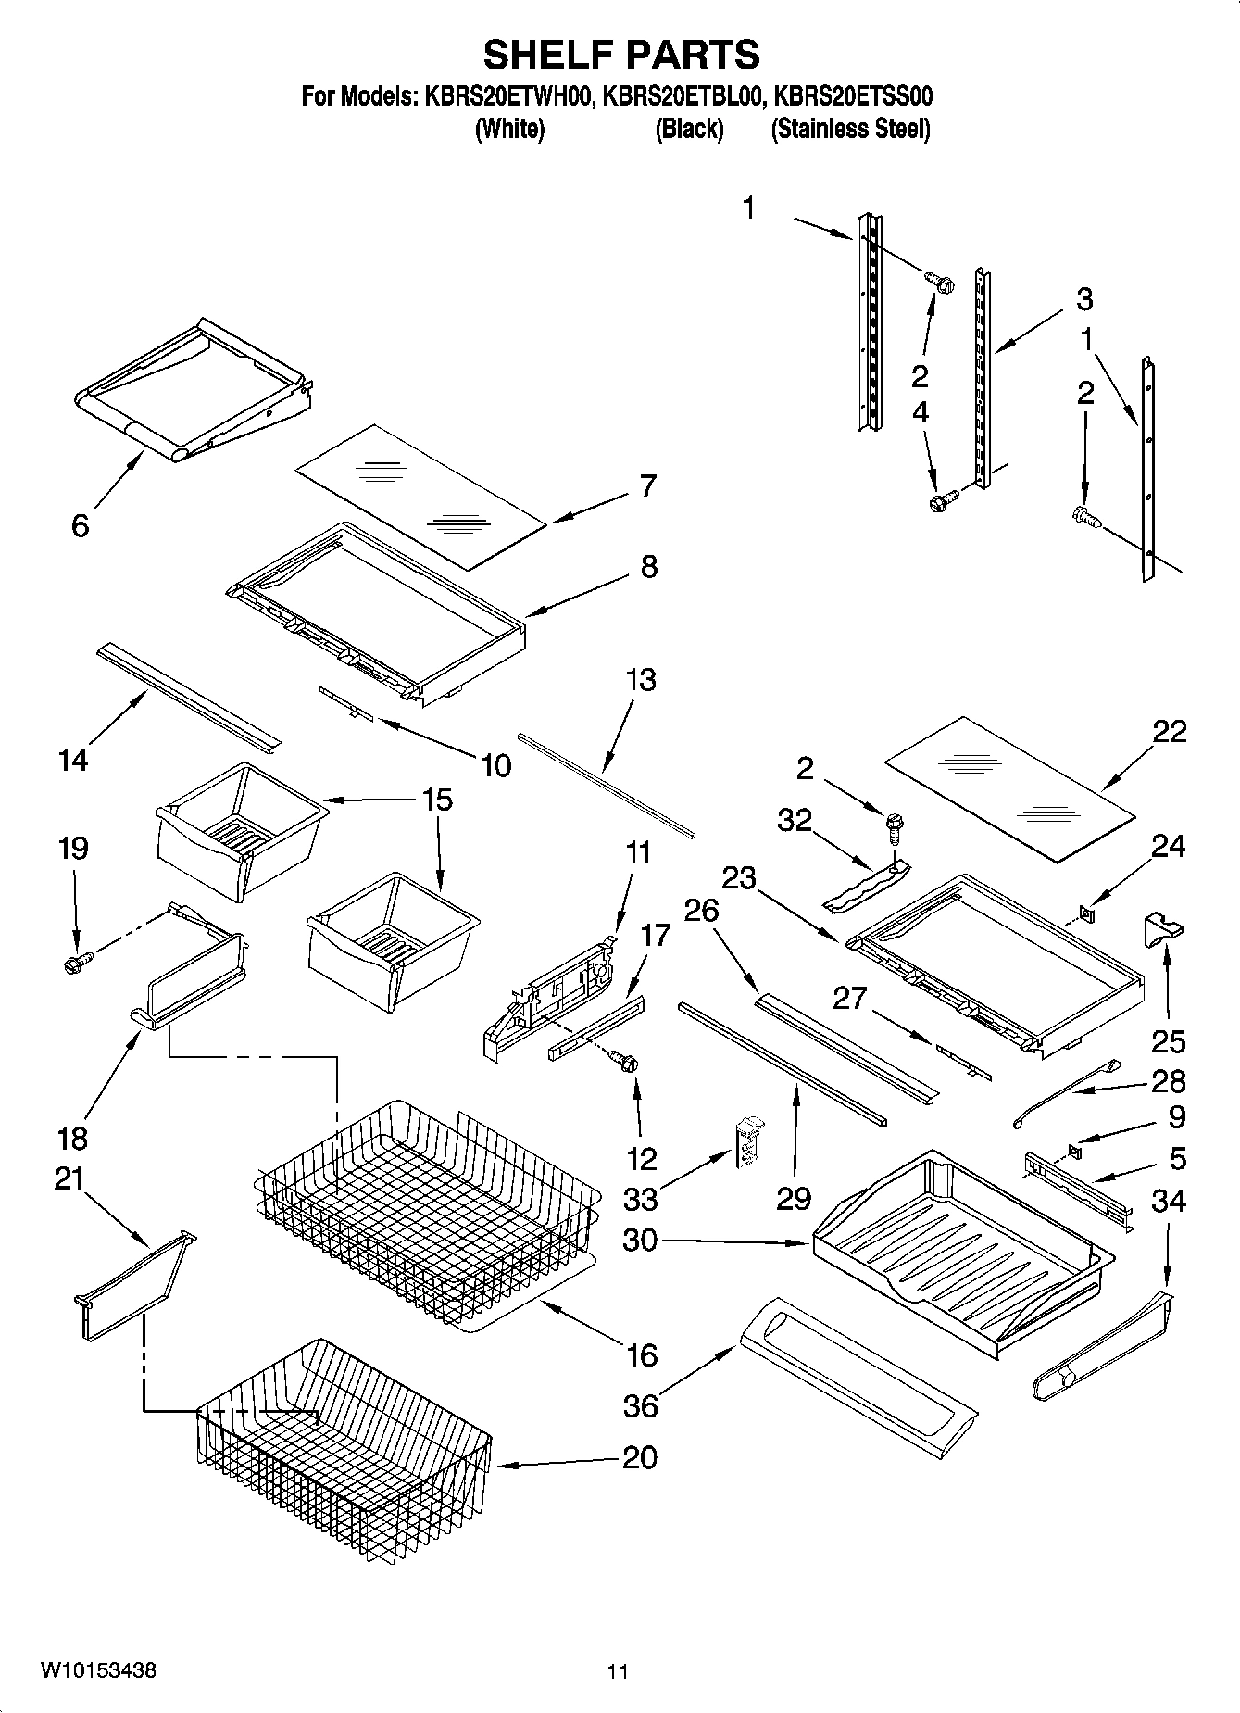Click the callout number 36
click(641, 1405)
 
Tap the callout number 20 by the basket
click(640, 1457)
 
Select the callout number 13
click(640, 680)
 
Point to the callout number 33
click(641, 1199)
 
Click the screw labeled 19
click(74, 964)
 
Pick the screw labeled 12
click(629, 1064)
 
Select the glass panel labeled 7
click(421, 496)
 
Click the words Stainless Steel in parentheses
click(851, 129)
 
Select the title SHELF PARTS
click(621, 54)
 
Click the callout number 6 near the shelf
click(81, 525)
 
